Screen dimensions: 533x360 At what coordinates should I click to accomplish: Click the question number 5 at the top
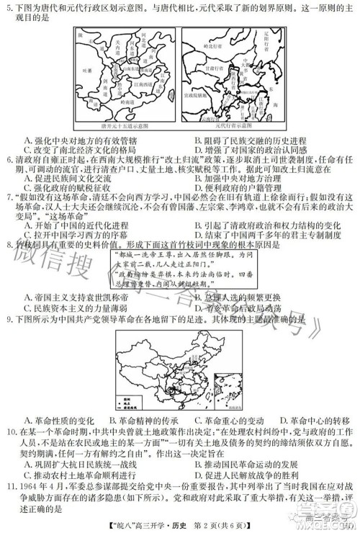(9, 7)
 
